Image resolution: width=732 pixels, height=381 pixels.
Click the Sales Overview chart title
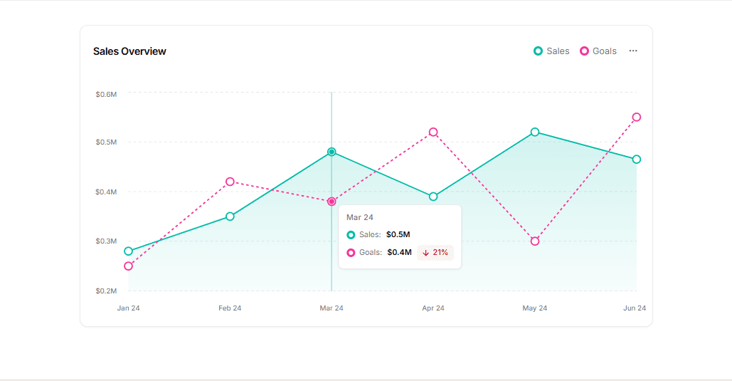point(129,51)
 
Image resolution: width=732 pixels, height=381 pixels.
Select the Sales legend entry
point(551,51)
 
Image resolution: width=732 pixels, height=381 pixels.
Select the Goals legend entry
point(598,51)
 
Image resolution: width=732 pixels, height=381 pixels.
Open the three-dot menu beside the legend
point(633,51)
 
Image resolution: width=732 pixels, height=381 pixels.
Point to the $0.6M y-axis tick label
point(106,94)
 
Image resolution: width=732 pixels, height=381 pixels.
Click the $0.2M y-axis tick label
point(106,291)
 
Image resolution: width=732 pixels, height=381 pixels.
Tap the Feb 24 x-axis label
point(230,308)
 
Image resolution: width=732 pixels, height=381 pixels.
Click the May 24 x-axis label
point(535,308)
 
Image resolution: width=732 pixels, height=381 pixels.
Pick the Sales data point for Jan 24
point(129,251)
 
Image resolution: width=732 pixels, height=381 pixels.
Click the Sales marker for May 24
point(535,132)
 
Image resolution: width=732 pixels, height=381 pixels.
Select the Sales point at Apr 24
point(433,197)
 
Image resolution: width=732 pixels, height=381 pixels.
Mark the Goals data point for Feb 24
point(230,182)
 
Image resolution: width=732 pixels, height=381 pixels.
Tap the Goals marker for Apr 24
point(433,132)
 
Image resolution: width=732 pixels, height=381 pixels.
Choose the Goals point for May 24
point(535,241)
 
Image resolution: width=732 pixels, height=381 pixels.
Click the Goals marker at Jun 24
point(637,117)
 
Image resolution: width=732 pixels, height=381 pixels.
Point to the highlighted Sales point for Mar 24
point(331,152)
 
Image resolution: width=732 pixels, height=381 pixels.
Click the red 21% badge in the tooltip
point(435,252)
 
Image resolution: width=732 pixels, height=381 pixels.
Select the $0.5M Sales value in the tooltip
point(398,234)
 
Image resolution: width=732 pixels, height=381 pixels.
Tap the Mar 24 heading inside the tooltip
point(360,217)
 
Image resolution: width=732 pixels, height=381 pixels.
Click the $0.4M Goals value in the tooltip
point(400,252)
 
